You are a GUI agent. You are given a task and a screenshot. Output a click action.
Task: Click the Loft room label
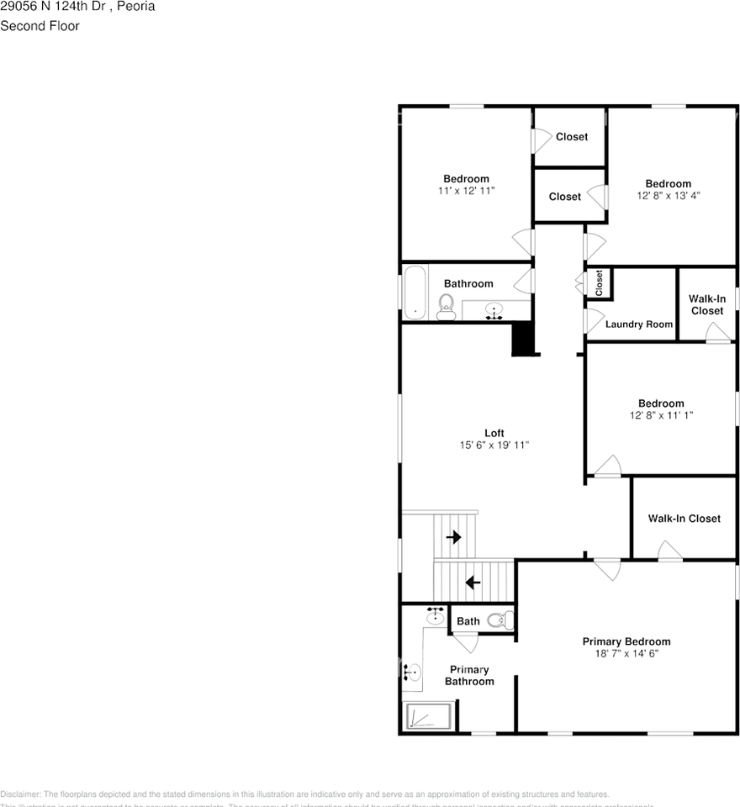click(494, 433)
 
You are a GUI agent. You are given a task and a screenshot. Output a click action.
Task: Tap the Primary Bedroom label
click(626, 641)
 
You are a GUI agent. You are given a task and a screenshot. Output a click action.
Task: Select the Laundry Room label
click(639, 324)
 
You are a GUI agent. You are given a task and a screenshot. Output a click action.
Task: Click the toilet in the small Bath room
click(499, 621)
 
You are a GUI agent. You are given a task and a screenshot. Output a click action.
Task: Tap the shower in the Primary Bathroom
click(430, 717)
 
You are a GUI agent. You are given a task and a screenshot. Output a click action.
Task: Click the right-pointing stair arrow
click(454, 537)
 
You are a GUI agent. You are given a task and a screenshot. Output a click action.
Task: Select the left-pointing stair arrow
click(473, 581)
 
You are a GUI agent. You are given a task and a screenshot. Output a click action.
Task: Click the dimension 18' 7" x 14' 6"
click(626, 653)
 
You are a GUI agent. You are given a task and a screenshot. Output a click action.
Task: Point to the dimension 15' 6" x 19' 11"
click(494, 445)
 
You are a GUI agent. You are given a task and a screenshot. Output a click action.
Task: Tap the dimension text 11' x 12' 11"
click(466, 191)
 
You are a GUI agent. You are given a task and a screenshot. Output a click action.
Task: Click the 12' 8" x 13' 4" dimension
click(668, 195)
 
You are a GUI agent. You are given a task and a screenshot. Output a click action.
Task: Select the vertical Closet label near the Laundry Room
click(600, 282)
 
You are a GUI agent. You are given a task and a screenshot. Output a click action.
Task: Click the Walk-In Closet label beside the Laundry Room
click(706, 304)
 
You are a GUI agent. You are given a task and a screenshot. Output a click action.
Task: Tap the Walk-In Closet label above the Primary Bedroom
click(684, 519)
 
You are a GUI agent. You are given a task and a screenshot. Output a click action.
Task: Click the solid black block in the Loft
click(524, 340)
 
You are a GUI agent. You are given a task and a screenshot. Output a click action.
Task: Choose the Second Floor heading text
click(40, 26)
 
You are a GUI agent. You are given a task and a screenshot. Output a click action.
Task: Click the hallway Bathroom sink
click(494, 312)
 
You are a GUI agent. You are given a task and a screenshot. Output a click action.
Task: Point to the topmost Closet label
click(572, 136)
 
